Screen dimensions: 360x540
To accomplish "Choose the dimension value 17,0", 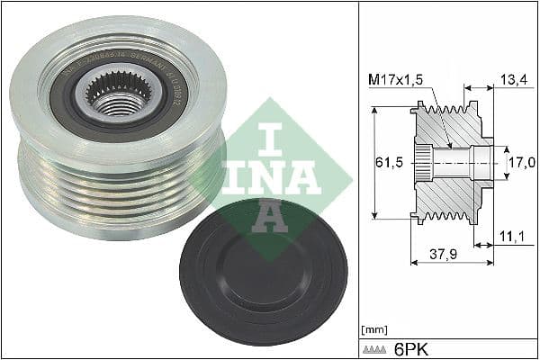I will point(521,163).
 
